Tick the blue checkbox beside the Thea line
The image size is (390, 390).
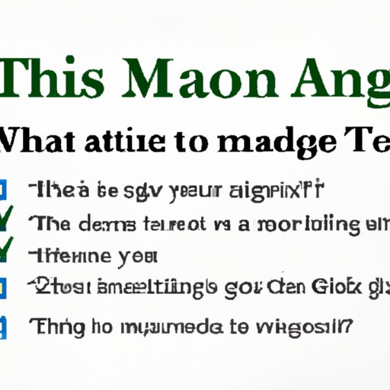coord(4,190)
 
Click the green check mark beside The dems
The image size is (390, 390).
coord(6,221)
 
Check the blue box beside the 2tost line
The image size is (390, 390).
coord(4,288)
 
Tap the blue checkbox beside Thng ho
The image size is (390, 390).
coord(4,328)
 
